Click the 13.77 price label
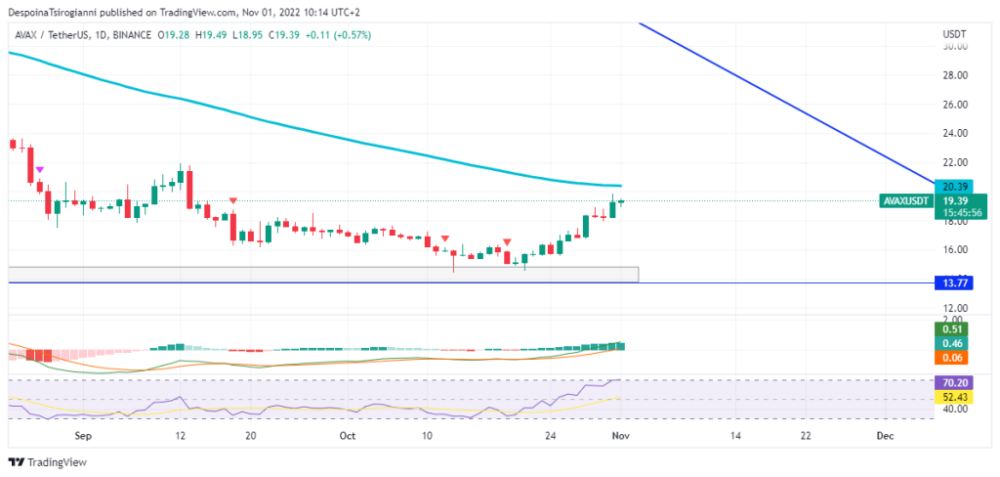[x=953, y=282]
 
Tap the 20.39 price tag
[x=953, y=186]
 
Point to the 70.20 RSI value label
[x=953, y=383]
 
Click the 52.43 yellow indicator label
[x=953, y=397]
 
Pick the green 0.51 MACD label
[x=953, y=329]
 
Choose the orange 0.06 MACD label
[x=953, y=359]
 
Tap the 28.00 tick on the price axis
[x=955, y=75]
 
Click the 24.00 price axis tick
[x=955, y=133]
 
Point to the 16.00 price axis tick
[x=955, y=249]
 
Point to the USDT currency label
[x=954, y=33]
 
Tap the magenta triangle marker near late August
[x=39, y=170]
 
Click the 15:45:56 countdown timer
[x=953, y=212]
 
